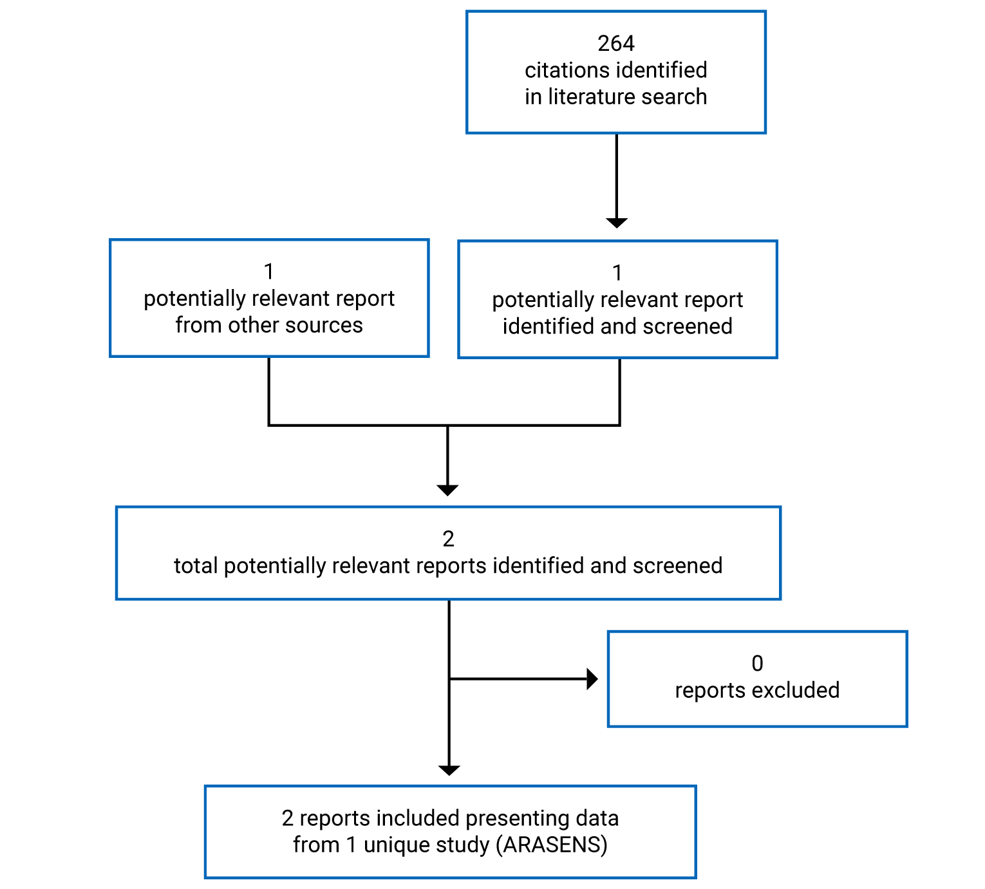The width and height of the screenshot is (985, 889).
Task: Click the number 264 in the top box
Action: point(615,43)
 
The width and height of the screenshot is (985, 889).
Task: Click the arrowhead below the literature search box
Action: point(616,223)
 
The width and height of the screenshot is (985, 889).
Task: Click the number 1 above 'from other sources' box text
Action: point(269,272)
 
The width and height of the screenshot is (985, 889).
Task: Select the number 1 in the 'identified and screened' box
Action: point(617,273)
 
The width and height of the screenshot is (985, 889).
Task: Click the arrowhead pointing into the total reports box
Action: point(447,490)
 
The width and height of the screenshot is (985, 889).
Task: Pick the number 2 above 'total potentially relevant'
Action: point(448,539)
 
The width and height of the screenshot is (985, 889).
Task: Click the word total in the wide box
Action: point(196,566)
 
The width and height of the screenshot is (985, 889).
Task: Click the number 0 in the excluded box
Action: point(757,663)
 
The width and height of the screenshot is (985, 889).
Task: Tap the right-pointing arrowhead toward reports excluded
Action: point(592,678)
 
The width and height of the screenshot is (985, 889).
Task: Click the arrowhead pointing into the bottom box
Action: point(449,770)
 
